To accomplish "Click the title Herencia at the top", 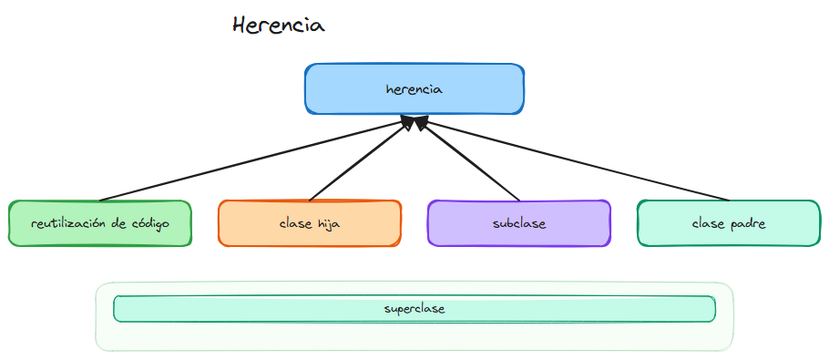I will [x=278, y=26].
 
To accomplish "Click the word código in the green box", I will [x=149, y=224].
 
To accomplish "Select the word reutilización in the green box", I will [x=68, y=224].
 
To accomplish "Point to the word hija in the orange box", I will [x=327, y=224].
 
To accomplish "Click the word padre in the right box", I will [x=748, y=224].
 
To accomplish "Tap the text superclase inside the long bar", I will [x=414, y=309].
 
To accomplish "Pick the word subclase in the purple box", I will [x=518, y=224].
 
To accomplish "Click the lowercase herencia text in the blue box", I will [x=414, y=89].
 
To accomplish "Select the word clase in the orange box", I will [x=295, y=224].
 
